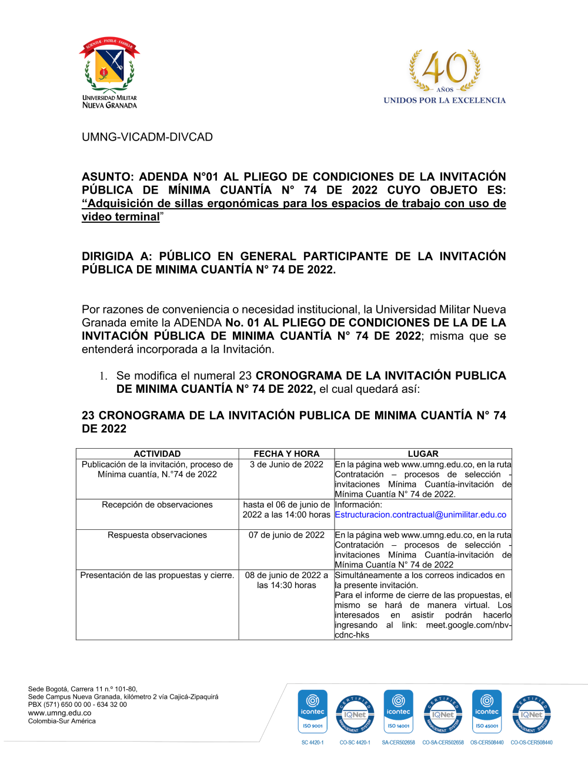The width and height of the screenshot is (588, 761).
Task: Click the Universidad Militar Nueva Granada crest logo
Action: coord(109,67)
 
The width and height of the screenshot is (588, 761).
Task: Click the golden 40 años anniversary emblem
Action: coord(445,71)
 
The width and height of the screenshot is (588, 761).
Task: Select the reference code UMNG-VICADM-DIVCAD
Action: coord(147,137)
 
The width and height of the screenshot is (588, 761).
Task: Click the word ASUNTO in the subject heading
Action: coord(107,177)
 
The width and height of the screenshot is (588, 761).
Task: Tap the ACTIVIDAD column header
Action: coord(157,454)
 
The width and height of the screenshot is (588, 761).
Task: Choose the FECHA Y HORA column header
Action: coord(286,454)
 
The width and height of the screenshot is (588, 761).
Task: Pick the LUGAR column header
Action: coord(423,454)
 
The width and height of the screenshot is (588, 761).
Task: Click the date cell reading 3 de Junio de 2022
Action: coord(286,465)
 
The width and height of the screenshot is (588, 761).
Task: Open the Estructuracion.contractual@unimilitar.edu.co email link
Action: coord(420,515)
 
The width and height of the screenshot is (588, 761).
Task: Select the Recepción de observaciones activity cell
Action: coord(157,505)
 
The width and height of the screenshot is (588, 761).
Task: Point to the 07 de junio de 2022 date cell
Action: coord(286,535)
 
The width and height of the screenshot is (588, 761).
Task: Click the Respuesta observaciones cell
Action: coord(157,535)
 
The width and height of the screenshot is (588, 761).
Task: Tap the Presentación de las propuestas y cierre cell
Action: coord(157,575)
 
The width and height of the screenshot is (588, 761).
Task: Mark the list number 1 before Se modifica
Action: coord(103,376)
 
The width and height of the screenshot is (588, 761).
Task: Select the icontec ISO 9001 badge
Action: coord(313,712)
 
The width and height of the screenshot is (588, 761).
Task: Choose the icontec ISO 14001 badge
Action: coord(399,712)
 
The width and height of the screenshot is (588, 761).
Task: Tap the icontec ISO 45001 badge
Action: coord(487,712)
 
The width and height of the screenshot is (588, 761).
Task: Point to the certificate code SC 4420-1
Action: coord(313,743)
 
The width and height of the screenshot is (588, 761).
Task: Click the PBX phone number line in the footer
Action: coord(77,705)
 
